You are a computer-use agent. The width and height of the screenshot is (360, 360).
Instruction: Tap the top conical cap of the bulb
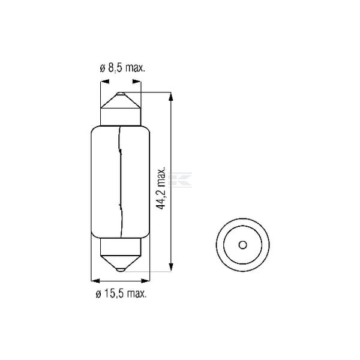point(120,108)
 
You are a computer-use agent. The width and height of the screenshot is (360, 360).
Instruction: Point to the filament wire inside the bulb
point(120,180)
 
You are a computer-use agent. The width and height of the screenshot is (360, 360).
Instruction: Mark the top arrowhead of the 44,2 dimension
point(172,96)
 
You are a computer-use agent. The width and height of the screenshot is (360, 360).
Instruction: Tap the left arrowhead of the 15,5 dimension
point(94,279)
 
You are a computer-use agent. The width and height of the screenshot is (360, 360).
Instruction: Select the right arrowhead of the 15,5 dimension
point(146,279)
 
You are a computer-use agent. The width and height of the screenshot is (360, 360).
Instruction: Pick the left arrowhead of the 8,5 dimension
point(103,84)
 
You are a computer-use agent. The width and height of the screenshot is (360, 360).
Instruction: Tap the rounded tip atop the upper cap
point(120,94)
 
